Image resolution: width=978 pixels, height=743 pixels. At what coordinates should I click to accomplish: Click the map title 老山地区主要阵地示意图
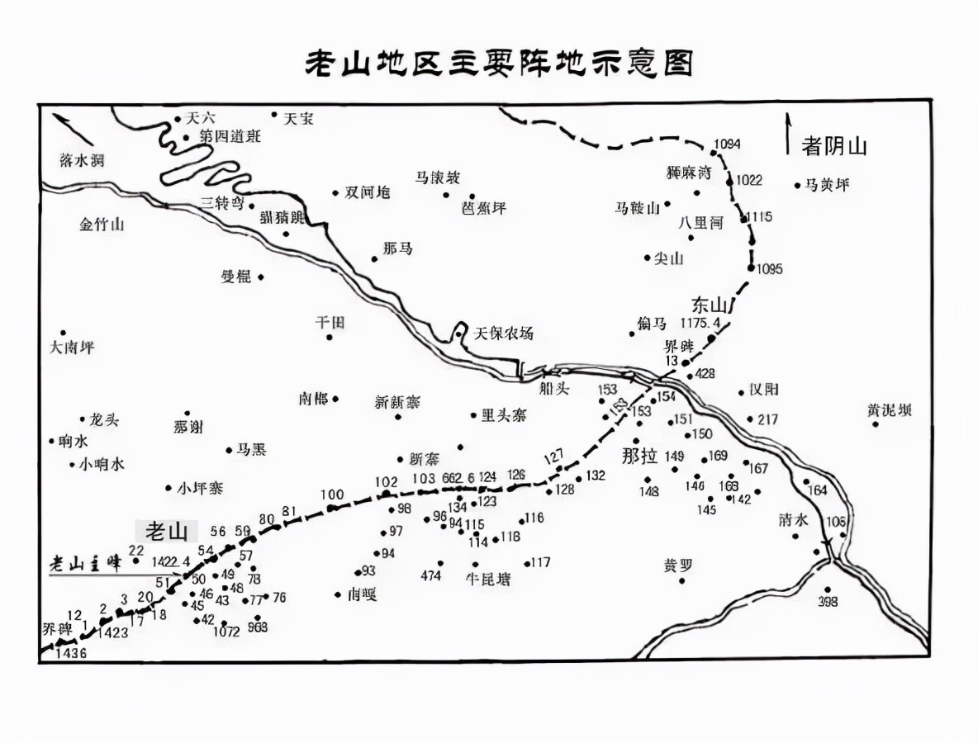click(499, 64)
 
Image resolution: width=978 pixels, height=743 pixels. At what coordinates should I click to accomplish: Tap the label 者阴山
click(833, 147)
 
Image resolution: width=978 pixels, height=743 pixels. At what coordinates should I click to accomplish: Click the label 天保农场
click(503, 333)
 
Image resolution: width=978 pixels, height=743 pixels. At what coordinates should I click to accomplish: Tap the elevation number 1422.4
click(172, 561)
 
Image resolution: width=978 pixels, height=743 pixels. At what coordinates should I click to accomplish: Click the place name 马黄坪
click(827, 185)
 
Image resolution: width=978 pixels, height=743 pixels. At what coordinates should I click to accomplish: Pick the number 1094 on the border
click(727, 144)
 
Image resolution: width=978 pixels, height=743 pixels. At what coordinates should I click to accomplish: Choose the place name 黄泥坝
click(889, 409)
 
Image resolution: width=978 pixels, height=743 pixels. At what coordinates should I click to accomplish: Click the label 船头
click(553, 388)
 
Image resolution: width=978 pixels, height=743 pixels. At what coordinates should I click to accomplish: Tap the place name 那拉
click(642, 455)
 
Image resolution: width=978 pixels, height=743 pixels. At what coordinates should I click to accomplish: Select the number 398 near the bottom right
click(827, 602)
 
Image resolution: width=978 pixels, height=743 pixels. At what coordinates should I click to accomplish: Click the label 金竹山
click(102, 224)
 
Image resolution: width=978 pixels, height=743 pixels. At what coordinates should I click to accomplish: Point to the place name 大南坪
click(72, 348)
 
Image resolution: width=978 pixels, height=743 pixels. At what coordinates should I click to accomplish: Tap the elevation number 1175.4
click(700, 323)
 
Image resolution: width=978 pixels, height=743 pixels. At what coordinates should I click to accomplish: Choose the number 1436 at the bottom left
click(69, 652)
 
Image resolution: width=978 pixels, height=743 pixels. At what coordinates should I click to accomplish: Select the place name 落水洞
click(83, 160)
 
